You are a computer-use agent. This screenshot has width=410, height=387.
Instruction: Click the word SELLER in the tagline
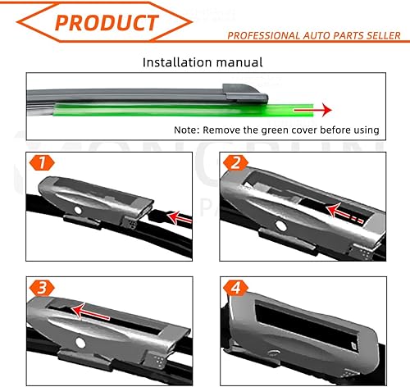(x=380, y=35)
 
